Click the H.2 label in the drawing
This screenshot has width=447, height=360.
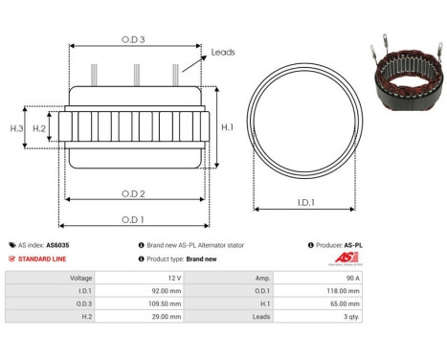click(39, 127)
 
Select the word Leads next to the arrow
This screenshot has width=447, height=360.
click(223, 53)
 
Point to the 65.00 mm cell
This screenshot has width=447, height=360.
click(345, 302)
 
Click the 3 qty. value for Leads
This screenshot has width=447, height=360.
click(349, 316)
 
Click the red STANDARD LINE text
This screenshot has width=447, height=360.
click(44, 258)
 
